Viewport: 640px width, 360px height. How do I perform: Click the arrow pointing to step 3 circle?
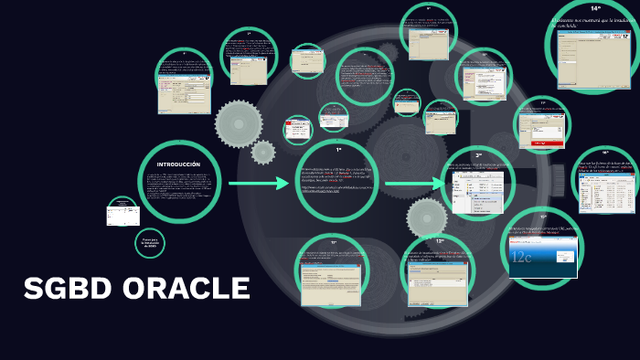coord(416,185)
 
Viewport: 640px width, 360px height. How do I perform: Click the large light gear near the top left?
coord(239,122)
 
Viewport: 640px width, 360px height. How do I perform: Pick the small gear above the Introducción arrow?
coord(263,152)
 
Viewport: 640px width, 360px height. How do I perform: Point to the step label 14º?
coord(595,7)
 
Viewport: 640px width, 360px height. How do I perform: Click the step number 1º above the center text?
coord(338,149)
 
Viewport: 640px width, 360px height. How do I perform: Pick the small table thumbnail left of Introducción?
coord(122,216)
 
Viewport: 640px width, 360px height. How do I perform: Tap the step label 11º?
coord(334,242)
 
